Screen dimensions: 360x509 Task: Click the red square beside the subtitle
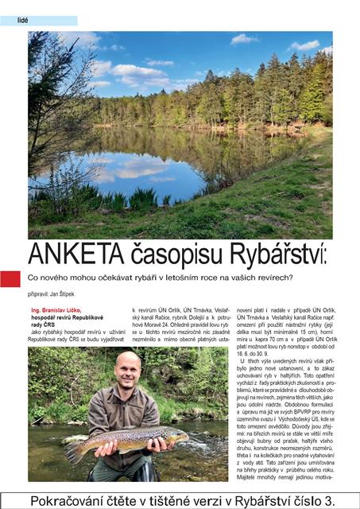(10, 278)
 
